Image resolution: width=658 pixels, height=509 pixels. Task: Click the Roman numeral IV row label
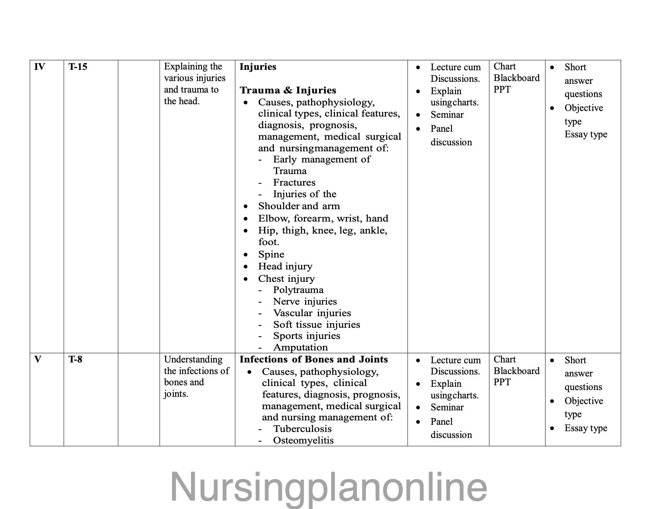(39, 67)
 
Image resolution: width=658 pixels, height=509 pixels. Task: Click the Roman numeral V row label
(38, 359)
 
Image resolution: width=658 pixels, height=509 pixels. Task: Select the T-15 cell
(77, 67)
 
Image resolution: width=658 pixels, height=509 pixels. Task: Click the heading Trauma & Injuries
(288, 90)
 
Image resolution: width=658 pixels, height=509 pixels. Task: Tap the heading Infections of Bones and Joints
(313, 359)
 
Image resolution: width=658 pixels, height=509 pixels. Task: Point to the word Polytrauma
(298, 290)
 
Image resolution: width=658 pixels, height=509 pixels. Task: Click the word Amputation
(300, 347)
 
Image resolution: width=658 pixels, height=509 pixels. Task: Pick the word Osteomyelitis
(303, 440)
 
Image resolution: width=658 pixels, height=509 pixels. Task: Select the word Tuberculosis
(302, 429)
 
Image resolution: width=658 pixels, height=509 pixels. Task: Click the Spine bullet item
(271, 254)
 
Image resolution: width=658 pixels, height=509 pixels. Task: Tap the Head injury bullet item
(285, 266)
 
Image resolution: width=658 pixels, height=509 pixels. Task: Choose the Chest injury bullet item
(286, 279)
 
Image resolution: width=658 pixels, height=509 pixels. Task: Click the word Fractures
(294, 182)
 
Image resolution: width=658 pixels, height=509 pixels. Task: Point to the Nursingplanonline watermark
(329, 487)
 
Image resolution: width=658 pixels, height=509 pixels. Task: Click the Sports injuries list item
(306, 336)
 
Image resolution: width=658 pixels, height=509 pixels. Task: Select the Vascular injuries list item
(312, 313)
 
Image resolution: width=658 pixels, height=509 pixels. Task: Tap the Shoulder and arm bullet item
(299, 206)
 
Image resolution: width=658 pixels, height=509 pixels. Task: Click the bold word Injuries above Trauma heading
(258, 67)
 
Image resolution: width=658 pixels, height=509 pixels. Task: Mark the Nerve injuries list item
(305, 301)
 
